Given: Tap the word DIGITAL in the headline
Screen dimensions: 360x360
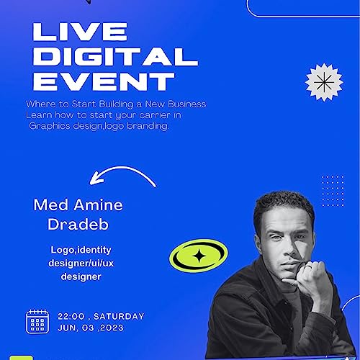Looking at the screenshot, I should [x=115, y=56].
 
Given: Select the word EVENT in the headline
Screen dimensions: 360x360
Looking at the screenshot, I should [x=104, y=81].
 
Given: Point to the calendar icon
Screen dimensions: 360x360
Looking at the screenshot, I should [x=37, y=321].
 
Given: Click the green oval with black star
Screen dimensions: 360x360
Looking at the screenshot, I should [x=199, y=254].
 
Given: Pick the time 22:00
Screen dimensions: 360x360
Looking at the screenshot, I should [x=72, y=316].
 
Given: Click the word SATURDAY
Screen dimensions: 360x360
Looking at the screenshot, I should [x=120, y=316].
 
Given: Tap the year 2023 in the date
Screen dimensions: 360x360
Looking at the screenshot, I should [x=110, y=328].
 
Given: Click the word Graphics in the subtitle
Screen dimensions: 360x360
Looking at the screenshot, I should [x=52, y=125].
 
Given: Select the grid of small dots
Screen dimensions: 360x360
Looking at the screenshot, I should [x=332, y=190].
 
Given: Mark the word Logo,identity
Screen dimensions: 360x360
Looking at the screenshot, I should [x=78, y=250].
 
